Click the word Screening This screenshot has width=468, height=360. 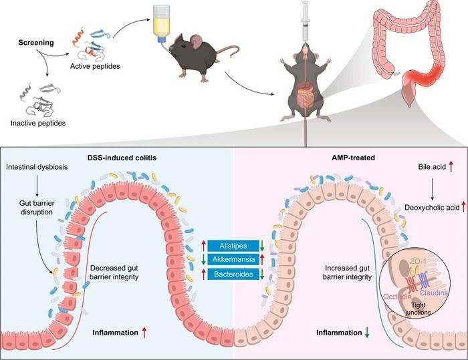click(36, 43)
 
